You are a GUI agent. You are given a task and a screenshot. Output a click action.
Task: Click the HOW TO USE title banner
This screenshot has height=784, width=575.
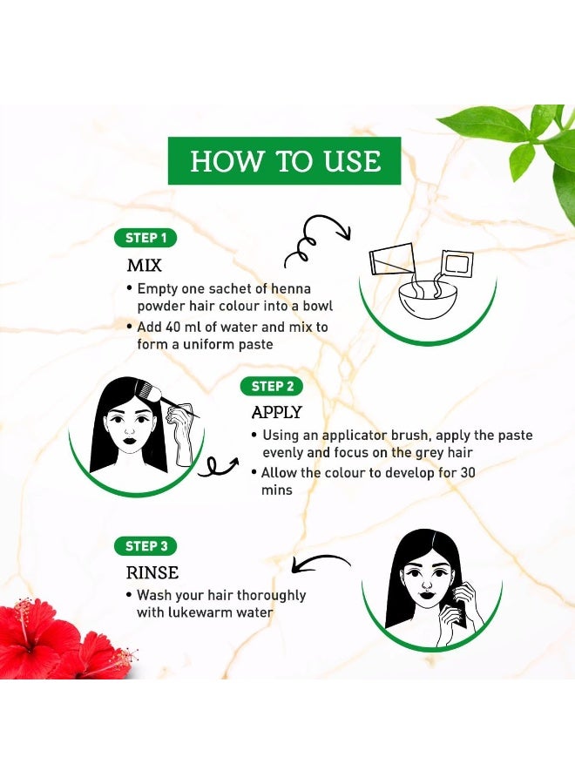[x=285, y=160]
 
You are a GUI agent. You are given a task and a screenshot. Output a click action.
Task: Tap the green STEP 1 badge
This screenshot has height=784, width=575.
[x=145, y=238]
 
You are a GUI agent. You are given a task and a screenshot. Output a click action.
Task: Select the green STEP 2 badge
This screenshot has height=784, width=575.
[x=272, y=387]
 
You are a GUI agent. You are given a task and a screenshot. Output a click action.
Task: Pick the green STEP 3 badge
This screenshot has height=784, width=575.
[x=145, y=546]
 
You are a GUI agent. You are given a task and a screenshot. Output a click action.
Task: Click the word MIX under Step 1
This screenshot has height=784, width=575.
[x=145, y=265]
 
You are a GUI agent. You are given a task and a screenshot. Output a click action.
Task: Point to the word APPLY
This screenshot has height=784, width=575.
[x=276, y=413]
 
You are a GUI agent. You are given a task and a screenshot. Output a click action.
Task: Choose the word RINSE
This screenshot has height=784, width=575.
[x=152, y=572]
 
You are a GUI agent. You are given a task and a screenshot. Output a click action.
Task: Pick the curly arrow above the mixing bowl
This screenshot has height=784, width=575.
[x=317, y=240]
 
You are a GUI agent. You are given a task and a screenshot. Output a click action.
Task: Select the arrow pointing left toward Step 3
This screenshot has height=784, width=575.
[x=320, y=562]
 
